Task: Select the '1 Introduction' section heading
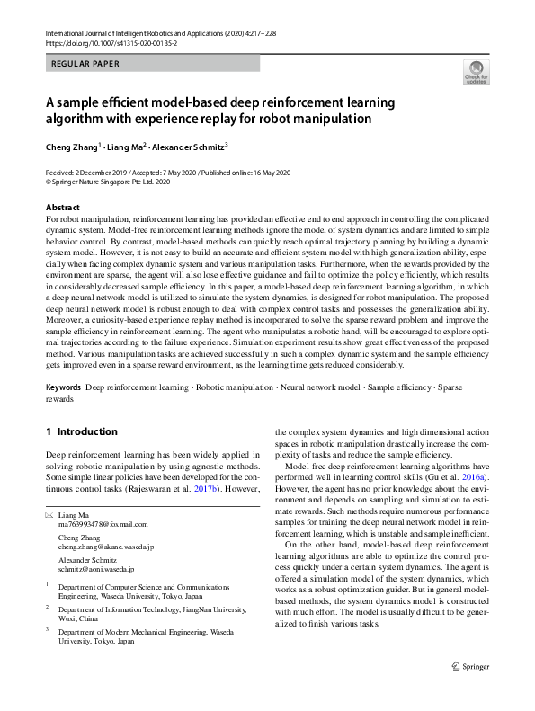point(82,431)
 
